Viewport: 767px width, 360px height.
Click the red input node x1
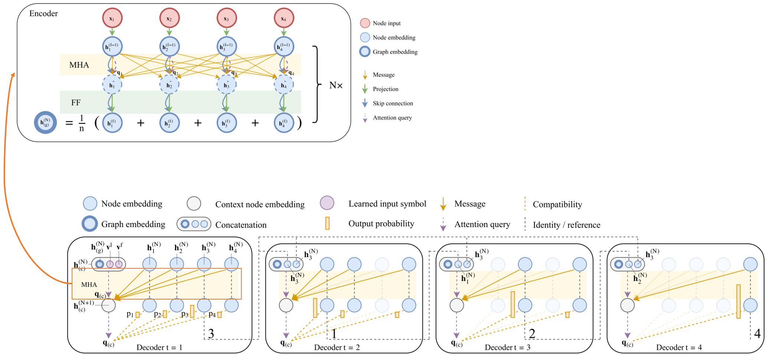(112, 18)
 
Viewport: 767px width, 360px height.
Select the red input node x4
(284, 18)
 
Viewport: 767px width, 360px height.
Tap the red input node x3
(226, 18)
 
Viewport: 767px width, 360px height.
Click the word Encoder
(43, 14)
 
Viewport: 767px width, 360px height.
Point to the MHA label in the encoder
(79, 65)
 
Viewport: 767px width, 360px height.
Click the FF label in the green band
(76, 102)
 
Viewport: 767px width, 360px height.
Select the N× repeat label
(336, 85)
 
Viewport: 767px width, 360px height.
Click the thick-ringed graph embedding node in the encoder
(45, 122)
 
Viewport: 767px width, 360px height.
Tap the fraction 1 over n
(82, 123)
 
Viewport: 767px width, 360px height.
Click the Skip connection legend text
(393, 104)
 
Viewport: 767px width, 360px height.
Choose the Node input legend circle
(365, 23)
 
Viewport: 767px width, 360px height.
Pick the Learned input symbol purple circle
(327, 203)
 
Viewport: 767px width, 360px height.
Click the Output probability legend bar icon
(327, 223)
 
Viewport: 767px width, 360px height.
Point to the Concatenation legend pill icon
(194, 224)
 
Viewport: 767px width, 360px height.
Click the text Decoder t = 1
(159, 347)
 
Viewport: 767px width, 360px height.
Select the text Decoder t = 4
(679, 347)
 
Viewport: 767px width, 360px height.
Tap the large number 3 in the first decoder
(211, 334)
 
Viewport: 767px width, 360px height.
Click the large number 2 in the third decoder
(532, 334)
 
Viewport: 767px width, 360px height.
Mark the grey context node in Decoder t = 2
(286, 305)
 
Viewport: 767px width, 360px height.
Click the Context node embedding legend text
(260, 204)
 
